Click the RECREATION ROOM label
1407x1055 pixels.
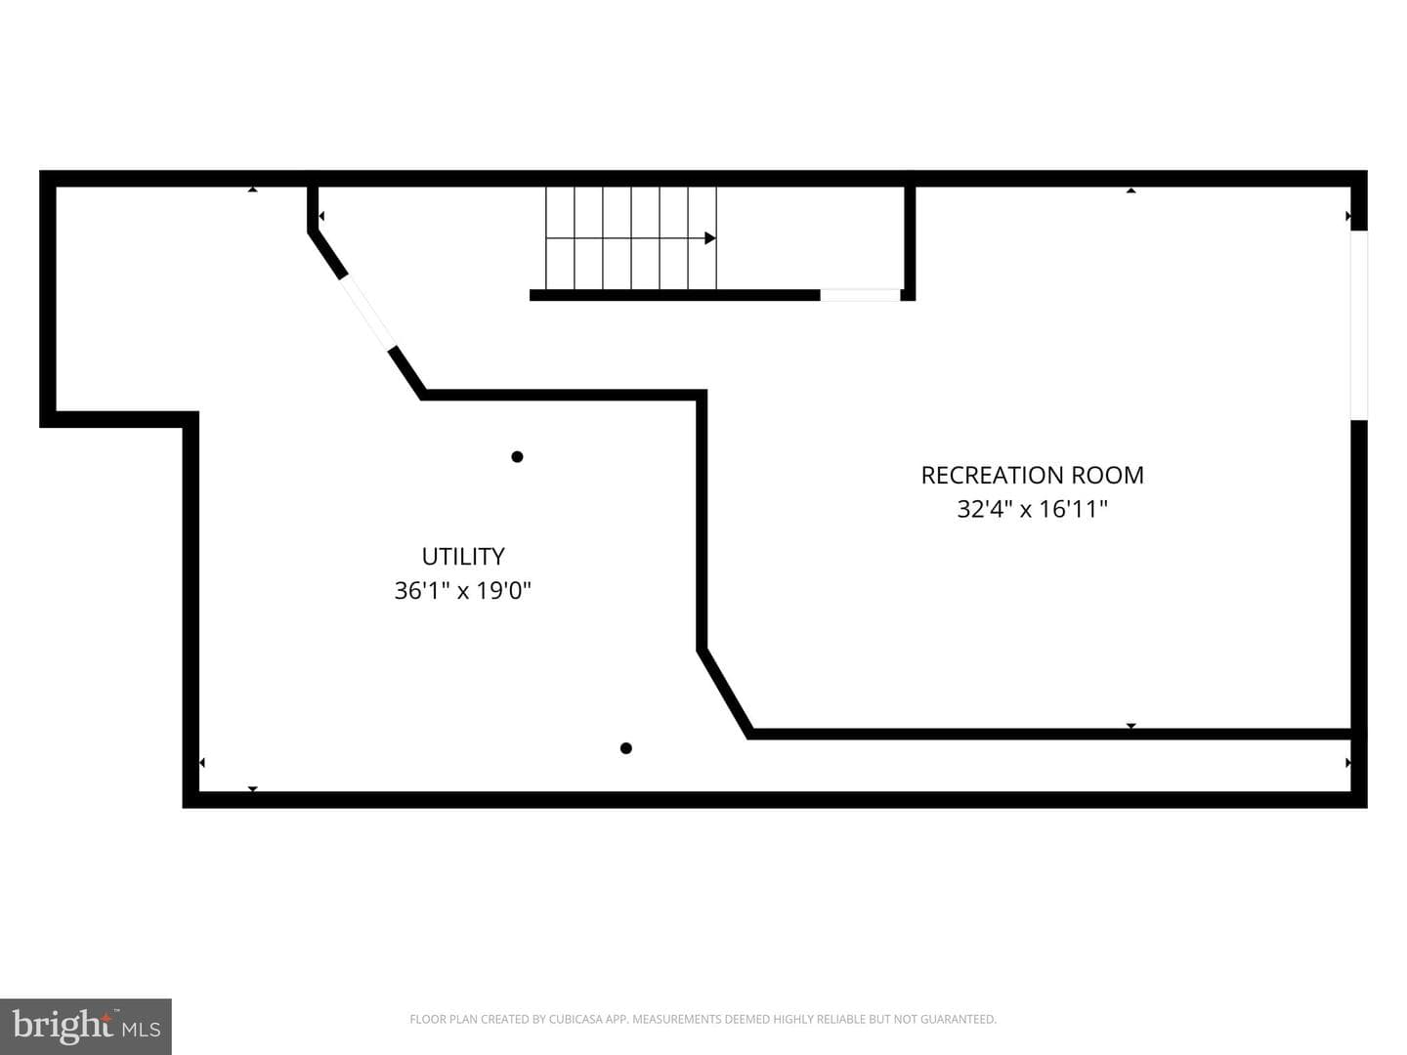pos(1032,476)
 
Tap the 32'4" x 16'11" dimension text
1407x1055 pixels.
pos(1032,509)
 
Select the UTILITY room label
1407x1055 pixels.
pos(463,556)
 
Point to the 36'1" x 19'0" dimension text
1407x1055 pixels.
pos(463,590)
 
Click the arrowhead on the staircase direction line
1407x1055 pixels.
pos(710,238)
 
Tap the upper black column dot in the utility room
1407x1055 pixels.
pos(517,457)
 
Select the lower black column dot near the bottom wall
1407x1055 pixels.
pos(626,748)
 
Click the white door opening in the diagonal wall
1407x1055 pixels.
pos(366,313)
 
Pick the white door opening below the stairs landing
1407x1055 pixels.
pos(860,295)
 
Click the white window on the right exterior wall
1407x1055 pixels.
pos(1359,325)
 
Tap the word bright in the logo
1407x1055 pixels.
pos(62,1025)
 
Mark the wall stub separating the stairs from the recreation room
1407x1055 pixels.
pos(910,242)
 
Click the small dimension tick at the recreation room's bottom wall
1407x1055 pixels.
pos(1131,726)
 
